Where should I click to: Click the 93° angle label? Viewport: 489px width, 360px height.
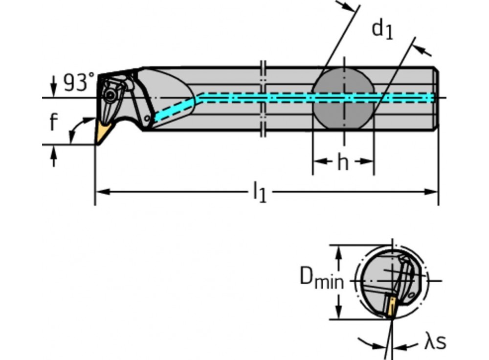tap(79, 82)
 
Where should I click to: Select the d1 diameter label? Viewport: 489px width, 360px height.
tap(382, 30)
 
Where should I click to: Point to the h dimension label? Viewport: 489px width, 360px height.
tap(343, 162)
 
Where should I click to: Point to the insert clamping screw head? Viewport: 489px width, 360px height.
tap(110, 94)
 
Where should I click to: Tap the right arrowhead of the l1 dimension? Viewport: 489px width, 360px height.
tap(431, 192)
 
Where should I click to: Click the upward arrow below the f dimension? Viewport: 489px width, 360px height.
tap(54, 156)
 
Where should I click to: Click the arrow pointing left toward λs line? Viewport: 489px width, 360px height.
tap(406, 346)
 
